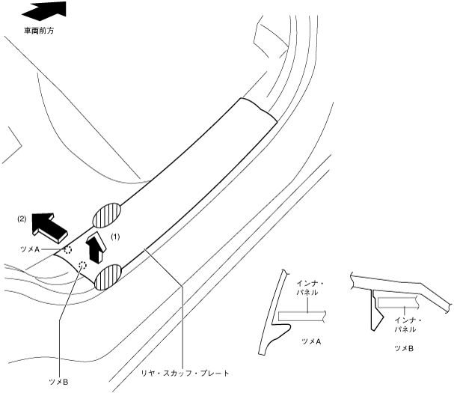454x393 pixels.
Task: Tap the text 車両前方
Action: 41,31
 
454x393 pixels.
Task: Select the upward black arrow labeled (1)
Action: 94,246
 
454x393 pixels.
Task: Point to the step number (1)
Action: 115,236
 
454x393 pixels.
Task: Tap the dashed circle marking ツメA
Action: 67,249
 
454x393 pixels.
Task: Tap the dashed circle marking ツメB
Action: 83,263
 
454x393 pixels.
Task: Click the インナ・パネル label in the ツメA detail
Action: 308,287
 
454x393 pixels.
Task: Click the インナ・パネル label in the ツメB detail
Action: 407,324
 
